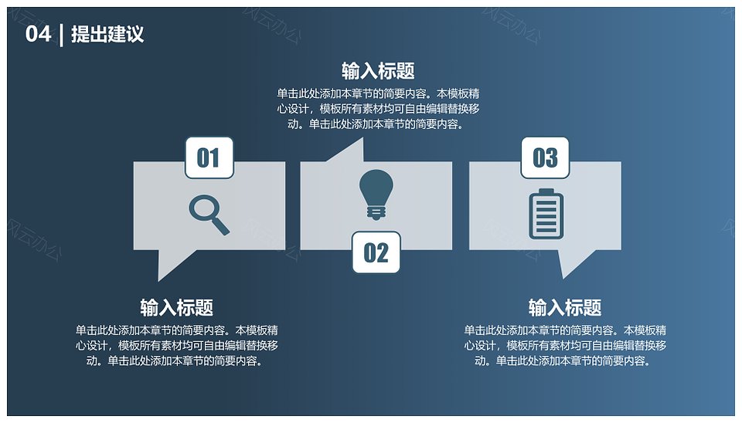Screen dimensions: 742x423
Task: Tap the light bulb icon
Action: pyautogui.click(x=376, y=195)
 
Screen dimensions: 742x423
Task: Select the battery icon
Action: pyautogui.click(x=546, y=214)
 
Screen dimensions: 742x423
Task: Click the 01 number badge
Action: pyautogui.click(x=209, y=158)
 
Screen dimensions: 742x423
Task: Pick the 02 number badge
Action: pyautogui.click(x=376, y=252)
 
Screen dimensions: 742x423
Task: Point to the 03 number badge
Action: pyautogui.click(x=545, y=158)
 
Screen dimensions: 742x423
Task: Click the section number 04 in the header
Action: pyautogui.click(x=38, y=34)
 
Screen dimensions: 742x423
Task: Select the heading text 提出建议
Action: pyautogui.click(x=107, y=34)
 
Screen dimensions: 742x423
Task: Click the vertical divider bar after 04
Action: pyautogui.click(x=62, y=35)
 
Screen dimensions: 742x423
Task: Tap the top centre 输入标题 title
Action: pyautogui.click(x=378, y=71)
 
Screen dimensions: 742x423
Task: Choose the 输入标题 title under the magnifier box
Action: pyautogui.click(x=176, y=308)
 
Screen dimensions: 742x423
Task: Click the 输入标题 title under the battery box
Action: pyautogui.click(x=565, y=308)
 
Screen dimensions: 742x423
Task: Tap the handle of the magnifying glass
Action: pyautogui.click(x=220, y=226)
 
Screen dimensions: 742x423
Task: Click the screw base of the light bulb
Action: pyautogui.click(x=376, y=214)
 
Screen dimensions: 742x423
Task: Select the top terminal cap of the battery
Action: pyautogui.click(x=546, y=191)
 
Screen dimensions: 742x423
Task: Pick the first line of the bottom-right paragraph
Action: pyautogui.click(x=565, y=330)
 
